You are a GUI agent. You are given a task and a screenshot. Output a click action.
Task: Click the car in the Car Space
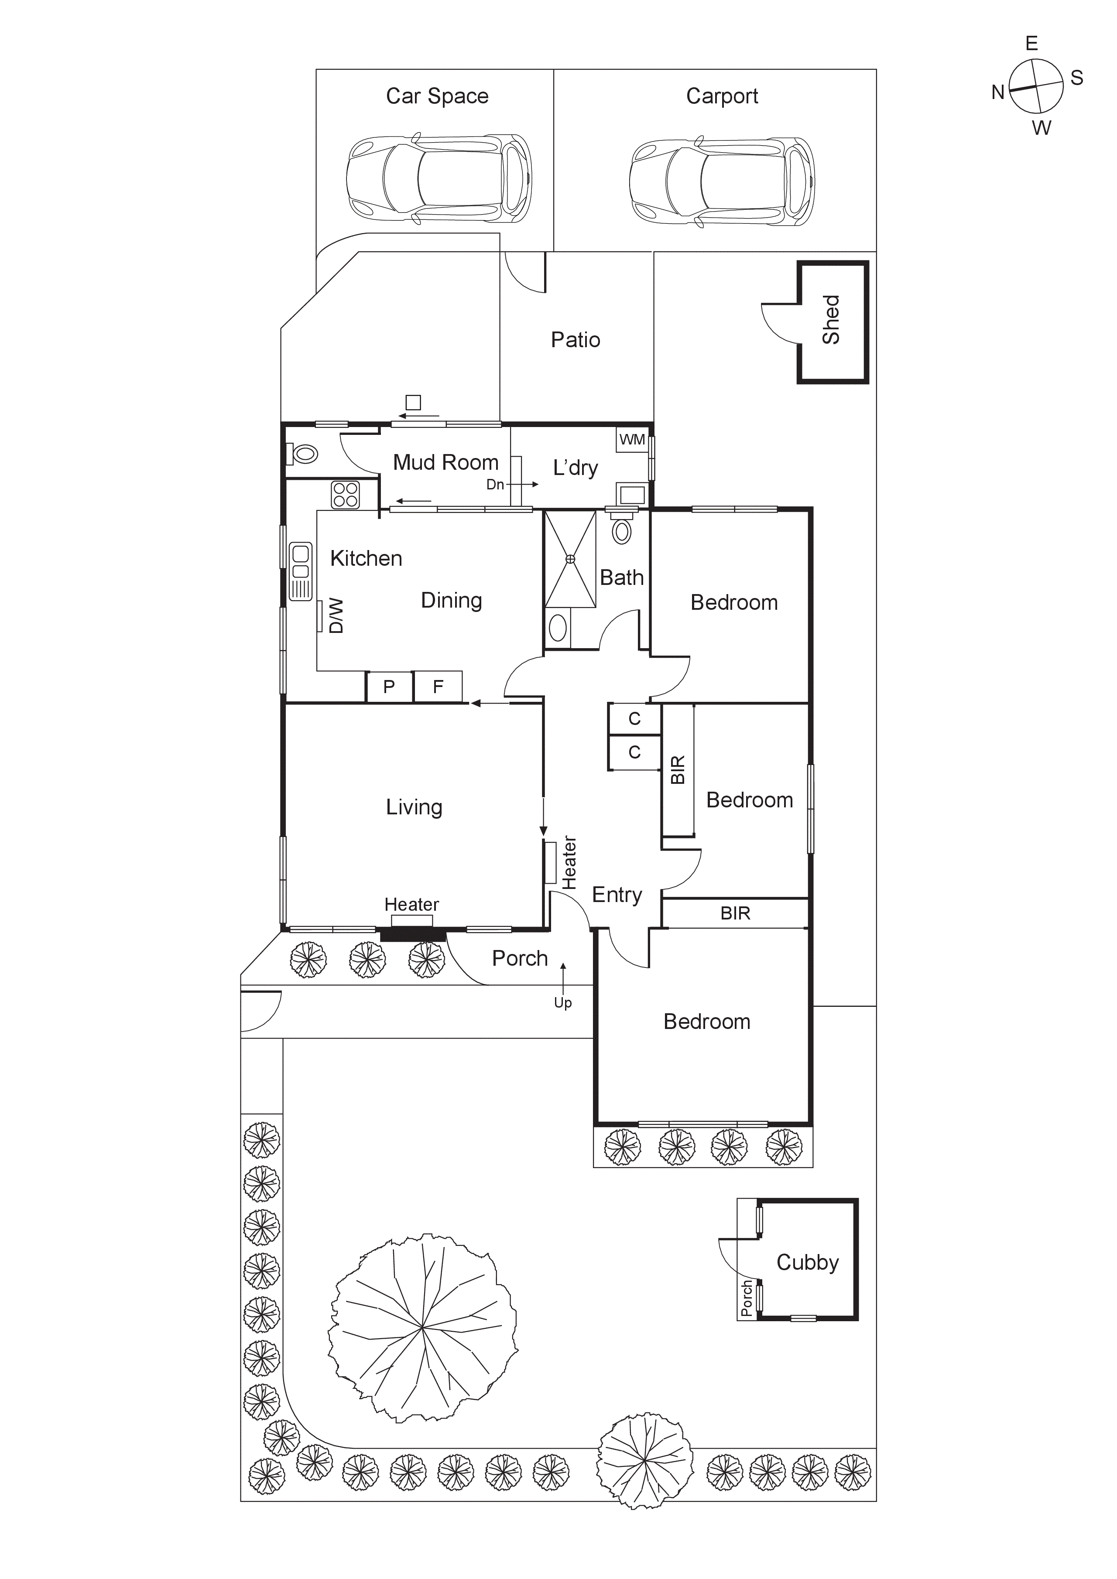(439, 178)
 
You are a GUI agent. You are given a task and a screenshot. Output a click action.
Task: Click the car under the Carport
(722, 181)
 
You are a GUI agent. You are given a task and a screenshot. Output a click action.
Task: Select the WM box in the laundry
(632, 439)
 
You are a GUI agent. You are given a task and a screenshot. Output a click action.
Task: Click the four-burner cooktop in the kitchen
(345, 495)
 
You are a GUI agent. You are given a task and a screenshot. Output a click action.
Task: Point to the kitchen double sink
(301, 571)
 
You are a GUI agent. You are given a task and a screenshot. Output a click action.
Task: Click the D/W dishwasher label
(335, 615)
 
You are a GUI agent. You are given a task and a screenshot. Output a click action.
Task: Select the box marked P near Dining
(389, 687)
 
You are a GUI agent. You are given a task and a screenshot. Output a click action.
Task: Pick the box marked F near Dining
(438, 687)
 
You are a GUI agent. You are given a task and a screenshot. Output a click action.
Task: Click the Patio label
(576, 340)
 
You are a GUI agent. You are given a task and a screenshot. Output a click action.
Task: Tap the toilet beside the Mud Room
(303, 454)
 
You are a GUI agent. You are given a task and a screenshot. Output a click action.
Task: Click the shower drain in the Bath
(570, 559)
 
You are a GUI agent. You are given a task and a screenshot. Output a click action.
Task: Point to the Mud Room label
(445, 462)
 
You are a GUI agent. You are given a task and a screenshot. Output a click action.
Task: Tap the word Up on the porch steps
(562, 1003)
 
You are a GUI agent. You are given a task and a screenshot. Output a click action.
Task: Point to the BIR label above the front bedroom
(735, 913)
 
